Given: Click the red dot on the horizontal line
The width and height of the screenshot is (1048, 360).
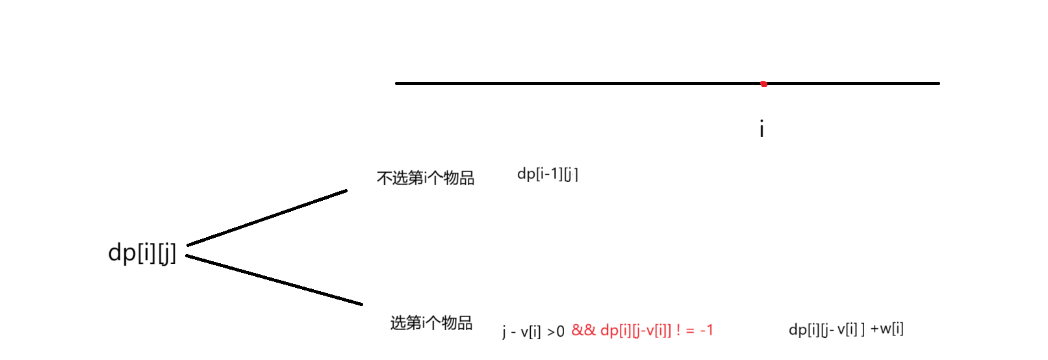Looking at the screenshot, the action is pyautogui.click(x=764, y=84).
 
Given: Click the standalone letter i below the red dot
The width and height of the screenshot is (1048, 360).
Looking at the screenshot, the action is pyautogui.click(x=761, y=129).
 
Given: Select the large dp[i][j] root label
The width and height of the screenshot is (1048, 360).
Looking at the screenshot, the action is pyautogui.click(x=142, y=252).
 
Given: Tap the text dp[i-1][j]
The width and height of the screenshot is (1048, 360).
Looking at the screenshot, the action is pyautogui.click(x=547, y=174).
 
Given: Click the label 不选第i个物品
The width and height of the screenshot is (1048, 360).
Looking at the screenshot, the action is pyautogui.click(x=426, y=178).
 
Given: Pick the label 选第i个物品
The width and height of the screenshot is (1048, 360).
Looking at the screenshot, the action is pyautogui.click(x=431, y=323).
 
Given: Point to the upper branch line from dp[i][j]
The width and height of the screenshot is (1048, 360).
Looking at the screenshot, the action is pyautogui.click(x=266, y=218).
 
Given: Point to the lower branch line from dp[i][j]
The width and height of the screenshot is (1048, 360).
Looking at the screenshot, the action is pyautogui.click(x=273, y=280).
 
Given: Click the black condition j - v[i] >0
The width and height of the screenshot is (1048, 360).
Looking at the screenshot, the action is pyautogui.click(x=533, y=331).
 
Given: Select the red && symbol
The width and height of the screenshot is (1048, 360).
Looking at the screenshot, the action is pyautogui.click(x=583, y=330).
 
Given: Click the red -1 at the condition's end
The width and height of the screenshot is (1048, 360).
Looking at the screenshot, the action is pyautogui.click(x=706, y=330).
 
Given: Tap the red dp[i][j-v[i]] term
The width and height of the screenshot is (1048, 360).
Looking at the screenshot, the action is pyautogui.click(x=635, y=330).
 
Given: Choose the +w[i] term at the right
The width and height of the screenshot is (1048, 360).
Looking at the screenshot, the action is pyautogui.click(x=887, y=329).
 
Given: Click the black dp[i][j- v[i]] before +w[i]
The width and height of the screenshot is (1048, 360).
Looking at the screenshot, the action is pyautogui.click(x=826, y=329).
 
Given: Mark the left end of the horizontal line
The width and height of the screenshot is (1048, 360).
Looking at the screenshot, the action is pyautogui.click(x=397, y=83).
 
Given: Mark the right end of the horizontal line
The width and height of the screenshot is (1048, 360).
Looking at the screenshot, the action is pyautogui.click(x=938, y=83).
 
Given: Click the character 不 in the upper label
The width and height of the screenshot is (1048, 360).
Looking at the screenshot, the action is pyautogui.click(x=384, y=178).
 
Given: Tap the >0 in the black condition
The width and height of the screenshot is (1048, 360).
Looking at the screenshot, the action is pyautogui.click(x=556, y=332).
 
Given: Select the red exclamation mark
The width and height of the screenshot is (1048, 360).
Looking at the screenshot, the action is pyautogui.click(x=678, y=330).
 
